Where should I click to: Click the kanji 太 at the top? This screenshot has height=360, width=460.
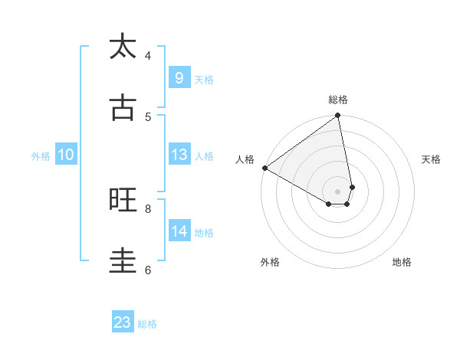[x=123, y=47]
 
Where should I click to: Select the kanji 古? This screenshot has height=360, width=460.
[x=123, y=108]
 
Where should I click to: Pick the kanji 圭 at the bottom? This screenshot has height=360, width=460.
[x=123, y=261]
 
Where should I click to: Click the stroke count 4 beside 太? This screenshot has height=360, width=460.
[x=148, y=55]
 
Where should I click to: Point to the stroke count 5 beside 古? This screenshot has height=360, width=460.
[x=148, y=116]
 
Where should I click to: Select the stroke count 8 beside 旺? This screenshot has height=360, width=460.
[x=148, y=208]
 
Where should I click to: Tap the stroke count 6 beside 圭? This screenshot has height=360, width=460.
[x=148, y=270]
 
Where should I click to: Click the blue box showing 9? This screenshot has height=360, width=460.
[x=179, y=77]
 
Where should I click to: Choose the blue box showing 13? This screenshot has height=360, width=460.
[x=179, y=155]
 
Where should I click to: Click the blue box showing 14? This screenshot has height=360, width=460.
[x=179, y=231]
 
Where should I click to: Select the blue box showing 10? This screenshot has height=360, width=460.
[x=66, y=155]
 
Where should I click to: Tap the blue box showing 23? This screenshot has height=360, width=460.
[x=123, y=322]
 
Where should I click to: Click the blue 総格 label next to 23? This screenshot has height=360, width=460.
[x=147, y=324]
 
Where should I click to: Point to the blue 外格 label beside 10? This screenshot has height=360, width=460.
[x=41, y=156]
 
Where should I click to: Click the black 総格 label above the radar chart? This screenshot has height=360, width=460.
[x=338, y=100]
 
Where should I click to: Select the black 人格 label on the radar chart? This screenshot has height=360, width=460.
[x=245, y=159]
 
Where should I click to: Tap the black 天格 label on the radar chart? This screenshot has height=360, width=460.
[x=432, y=159]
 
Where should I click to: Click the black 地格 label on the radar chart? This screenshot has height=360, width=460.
[x=402, y=263]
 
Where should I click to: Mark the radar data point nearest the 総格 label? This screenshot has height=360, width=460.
[x=338, y=116]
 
